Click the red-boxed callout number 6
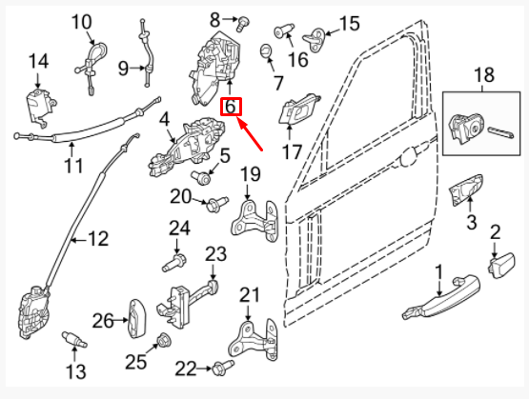pos(231,107)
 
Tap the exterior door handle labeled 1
pos(441,298)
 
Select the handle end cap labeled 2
pos(501,266)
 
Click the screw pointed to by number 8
pos(242,25)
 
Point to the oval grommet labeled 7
pos(266,51)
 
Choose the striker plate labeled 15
pos(315,40)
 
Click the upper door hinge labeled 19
pos(254,220)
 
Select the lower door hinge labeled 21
pos(253,340)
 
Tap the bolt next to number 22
pos(223,368)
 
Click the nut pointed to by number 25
pos(165,340)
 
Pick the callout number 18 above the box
pos(484,75)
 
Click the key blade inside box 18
pos(501,132)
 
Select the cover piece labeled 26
pos(136,318)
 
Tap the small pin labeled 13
pos(74,339)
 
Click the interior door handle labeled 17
pos(298,109)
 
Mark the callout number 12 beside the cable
pos(98,239)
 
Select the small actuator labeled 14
pos(40,108)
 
